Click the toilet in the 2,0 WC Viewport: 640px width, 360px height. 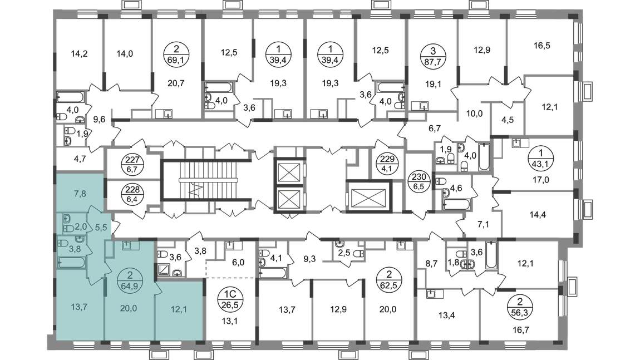click(68, 228)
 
